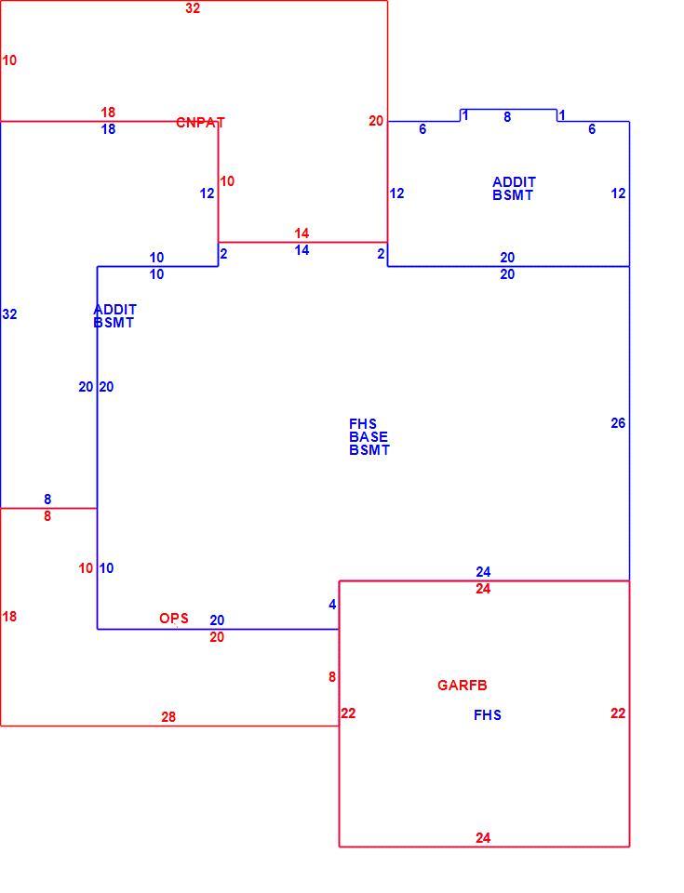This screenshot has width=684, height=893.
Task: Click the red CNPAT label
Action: (200, 123)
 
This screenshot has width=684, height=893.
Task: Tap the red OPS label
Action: (174, 619)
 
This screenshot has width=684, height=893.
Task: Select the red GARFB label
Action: (463, 686)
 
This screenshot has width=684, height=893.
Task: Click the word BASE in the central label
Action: (369, 437)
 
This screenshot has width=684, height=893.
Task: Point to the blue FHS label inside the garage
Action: (488, 715)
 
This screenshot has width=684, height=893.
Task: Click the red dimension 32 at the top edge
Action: (193, 8)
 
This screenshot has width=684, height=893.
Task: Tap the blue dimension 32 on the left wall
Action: (9, 314)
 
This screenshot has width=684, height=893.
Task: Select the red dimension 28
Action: (168, 717)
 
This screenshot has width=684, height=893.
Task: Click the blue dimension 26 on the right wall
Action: (618, 423)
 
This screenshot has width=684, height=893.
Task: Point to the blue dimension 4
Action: (332, 605)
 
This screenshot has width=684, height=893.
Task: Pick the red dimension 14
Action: (302, 233)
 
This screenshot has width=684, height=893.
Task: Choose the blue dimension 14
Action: (302, 250)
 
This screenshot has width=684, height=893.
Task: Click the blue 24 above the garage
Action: (483, 572)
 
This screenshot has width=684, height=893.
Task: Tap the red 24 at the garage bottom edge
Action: (483, 838)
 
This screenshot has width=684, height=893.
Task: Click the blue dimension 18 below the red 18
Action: (108, 129)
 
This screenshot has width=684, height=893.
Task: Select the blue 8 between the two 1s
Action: (507, 117)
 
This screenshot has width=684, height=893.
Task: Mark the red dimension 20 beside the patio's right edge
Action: (376, 121)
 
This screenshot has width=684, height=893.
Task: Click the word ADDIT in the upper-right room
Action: (514, 182)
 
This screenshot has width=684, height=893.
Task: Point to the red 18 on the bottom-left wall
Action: (9, 617)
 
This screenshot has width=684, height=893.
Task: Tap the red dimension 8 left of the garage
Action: (331, 677)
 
